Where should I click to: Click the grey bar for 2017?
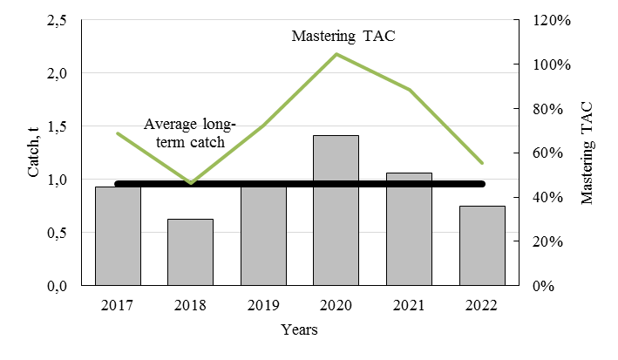tap(118, 236)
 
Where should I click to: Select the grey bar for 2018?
tap(190, 252)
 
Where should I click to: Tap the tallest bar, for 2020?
tap(336, 210)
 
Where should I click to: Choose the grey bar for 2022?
tap(481, 245)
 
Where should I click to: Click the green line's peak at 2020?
tap(336, 54)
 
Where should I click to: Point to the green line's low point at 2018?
tap(190, 183)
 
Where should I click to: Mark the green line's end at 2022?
tap(481, 163)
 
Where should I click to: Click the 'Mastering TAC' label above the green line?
tap(336, 37)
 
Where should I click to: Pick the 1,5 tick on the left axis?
tap(55, 127)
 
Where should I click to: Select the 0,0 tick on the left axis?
tap(55, 286)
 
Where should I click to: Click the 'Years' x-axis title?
tap(299, 330)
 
